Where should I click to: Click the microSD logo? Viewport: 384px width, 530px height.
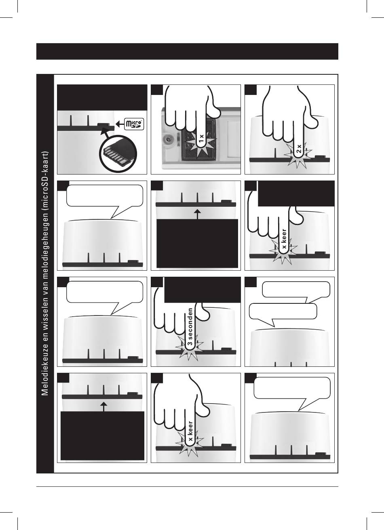pyautogui.click(x=134, y=124)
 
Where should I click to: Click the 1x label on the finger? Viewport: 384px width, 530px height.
pyautogui.click(x=201, y=138)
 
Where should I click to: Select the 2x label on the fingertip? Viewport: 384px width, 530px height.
pyautogui.click(x=299, y=148)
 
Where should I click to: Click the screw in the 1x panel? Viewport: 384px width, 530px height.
pyautogui.click(x=168, y=140)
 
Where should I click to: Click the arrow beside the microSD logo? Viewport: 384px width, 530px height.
pyautogui.click(x=120, y=124)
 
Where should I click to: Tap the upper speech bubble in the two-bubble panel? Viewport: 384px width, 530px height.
pyautogui.click(x=296, y=290)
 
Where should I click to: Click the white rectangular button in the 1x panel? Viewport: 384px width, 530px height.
pyautogui.click(x=233, y=139)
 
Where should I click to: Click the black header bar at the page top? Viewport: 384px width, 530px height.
pyautogui.click(x=187, y=51)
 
